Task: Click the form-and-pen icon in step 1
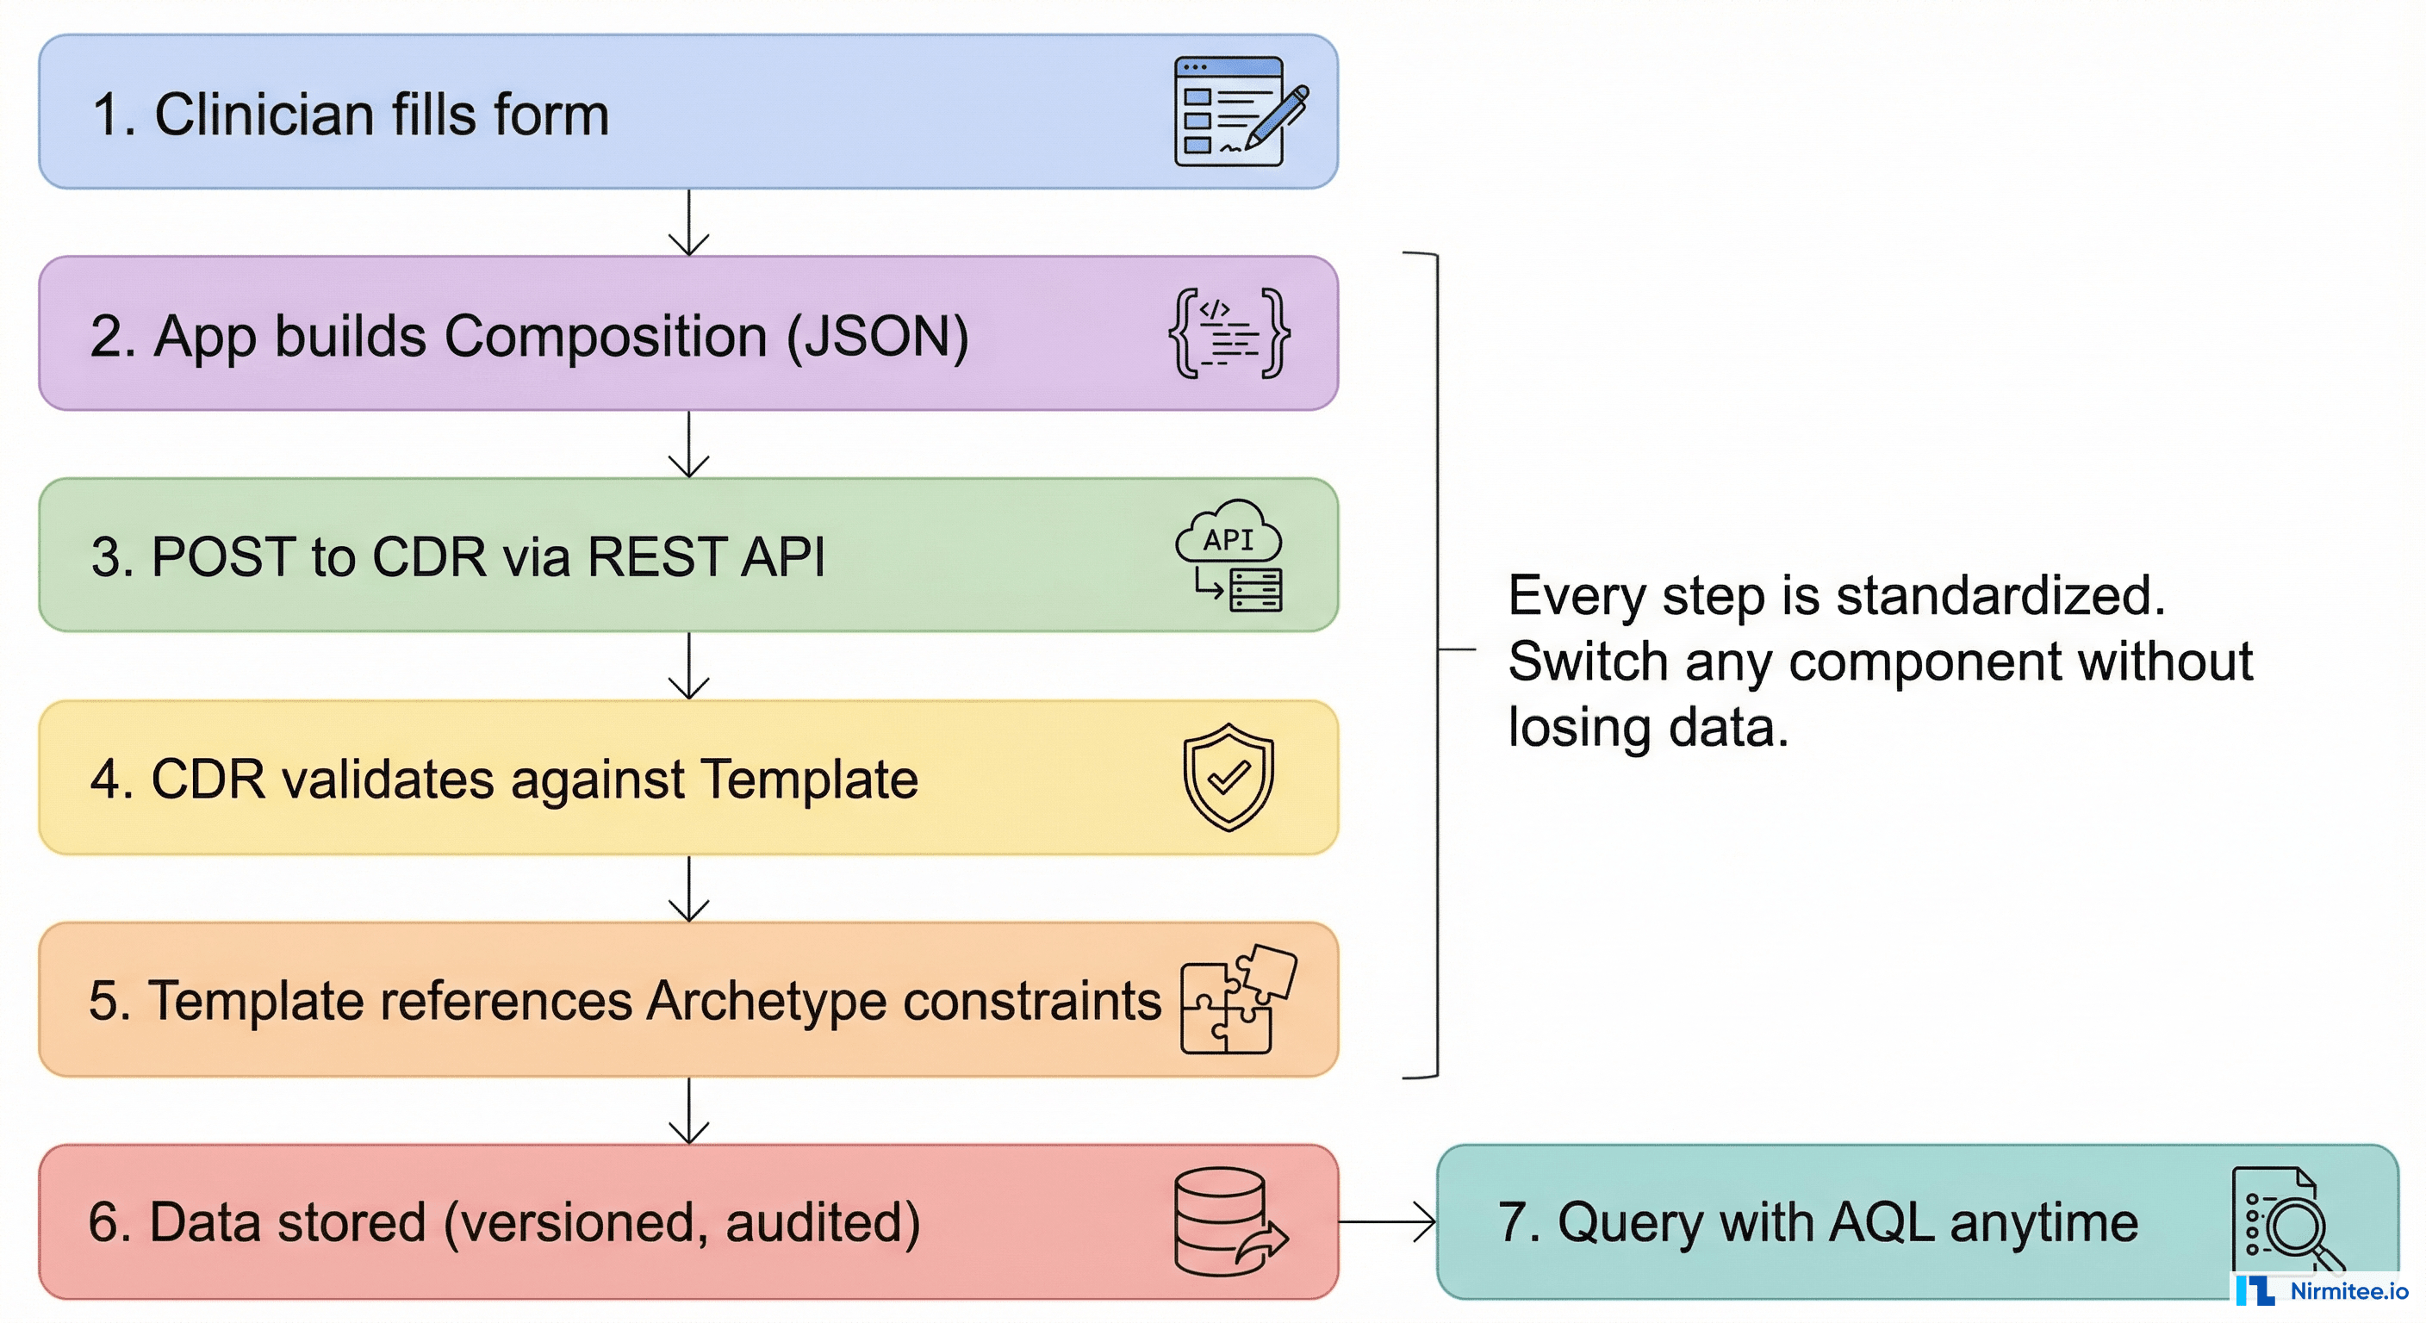pyautogui.click(x=1239, y=112)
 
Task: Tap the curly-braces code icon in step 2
pyautogui.click(x=1229, y=333)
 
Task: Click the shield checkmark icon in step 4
pyautogui.click(x=1228, y=777)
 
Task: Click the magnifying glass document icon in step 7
pyautogui.click(x=2286, y=1221)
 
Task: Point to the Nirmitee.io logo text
pyautogui.click(x=2348, y=1291)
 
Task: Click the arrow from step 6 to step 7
pyautogui.click(x=1387, y=1222)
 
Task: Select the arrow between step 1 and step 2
pyautogui.click(x=688, y=223)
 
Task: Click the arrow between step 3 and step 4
pyautogui.click(x=688, y=666)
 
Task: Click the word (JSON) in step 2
pyautogui.click(x=877, y=337)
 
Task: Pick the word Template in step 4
pyautogui.click(x=809, y=779)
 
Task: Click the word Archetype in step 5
pyautogui.click(x=766, y=1000)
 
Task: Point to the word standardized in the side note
pyautogui.click(x=2000, y=596)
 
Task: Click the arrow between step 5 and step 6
pyautogui.click(x=688, y=1111)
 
